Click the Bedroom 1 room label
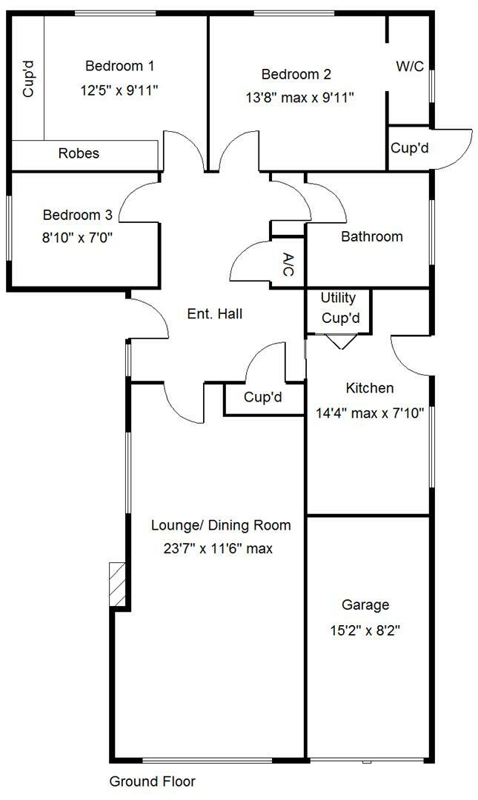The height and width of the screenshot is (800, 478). click(x=120, y=66)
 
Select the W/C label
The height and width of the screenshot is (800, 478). click(x=410, y=67)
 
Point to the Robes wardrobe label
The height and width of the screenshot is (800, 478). click(x=79, y=154)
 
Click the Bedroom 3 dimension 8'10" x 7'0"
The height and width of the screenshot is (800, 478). click(x=77, y=237)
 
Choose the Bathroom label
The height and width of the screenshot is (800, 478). click(x=372, y=237)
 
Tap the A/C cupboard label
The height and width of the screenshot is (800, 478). click(x=289, y=264)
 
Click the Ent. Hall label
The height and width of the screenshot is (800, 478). click(x=215, y=314)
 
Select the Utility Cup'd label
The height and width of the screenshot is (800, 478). click(x=339, y=308)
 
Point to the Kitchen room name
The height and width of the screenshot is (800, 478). click(x=370, y=388)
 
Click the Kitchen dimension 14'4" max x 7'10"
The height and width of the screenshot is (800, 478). click(x=365, y=413)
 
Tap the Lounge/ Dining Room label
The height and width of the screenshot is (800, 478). click(x=221, y=526)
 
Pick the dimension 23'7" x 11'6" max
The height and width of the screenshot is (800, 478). click(x=219, y=549)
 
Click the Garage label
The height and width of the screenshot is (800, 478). click(x=365, y=605)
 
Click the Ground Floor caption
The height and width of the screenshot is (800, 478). click(x=152, y=781)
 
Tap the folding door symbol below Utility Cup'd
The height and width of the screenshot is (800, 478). click(x=339, y=341)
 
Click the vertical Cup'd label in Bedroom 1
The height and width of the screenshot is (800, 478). click(x=29, y=79)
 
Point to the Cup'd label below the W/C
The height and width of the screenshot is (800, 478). click(x=410, y=148)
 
